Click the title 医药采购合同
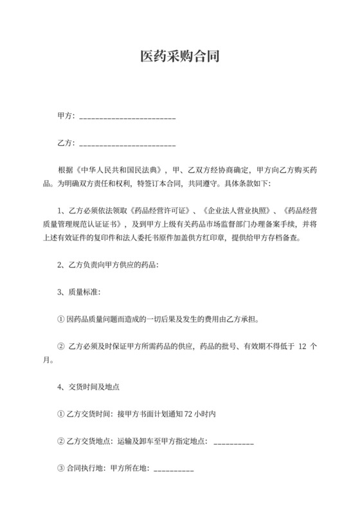click(180, 57)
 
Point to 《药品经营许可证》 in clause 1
click(162, 211)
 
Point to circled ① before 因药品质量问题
click(61, 318)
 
